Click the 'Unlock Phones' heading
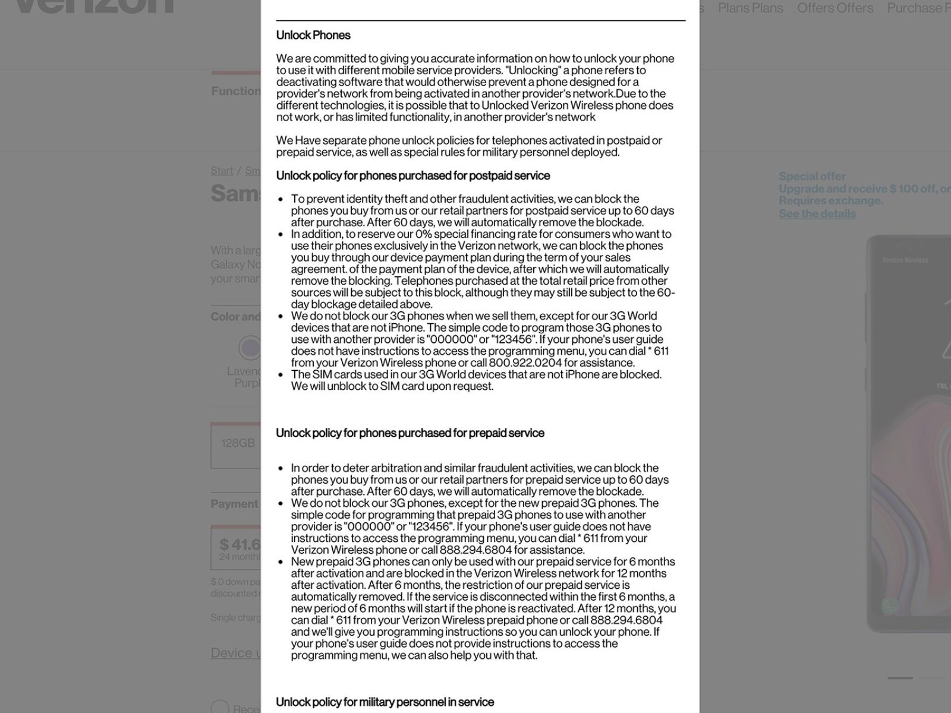click(x=313, y=35)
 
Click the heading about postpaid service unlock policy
click(x=413, y=176)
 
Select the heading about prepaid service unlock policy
click(x=410, y=433)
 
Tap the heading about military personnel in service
click(x=385, y=702)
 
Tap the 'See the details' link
click(x=817, y=214)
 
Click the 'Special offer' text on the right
click(x=812, y=176)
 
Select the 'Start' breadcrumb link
click(x=222, y=171)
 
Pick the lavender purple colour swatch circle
click(x=250, y=348)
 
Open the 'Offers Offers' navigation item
click(x=835, y=8)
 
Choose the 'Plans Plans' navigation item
click(x=750, y=8)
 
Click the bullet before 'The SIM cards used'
click(x=281, y=375)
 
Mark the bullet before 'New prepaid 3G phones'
click(x=281, y=562)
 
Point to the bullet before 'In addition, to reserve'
click(x=281, y=235)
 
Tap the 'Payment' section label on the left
click(x=235, y=504)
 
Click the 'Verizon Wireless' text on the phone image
click(x=905, y=260)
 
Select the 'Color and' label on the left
click(x=235, y=317)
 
